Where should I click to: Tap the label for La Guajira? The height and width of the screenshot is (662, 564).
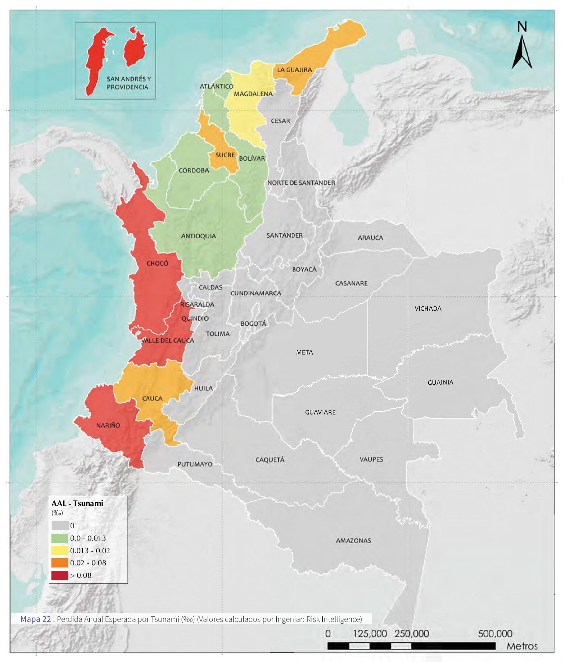click(x=294, y=70)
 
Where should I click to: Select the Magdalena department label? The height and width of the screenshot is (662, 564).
click(x=253, y=94)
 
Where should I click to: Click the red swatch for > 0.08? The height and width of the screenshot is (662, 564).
click(x=60, y=575)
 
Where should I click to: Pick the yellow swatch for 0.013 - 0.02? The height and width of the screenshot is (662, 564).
click(x=60, y=551)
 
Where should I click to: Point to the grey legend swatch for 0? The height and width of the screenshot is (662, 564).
click(x=60, y=526)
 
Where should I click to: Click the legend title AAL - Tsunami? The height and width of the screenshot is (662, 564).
click(x=77, y=503)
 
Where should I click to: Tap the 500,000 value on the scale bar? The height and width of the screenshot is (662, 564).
click(x=495, y=634)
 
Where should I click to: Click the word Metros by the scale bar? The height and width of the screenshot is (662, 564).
click(x=522, y=646)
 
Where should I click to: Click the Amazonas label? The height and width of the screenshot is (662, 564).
click(x=353, y=541)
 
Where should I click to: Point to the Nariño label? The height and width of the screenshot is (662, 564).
click(x=108, y=426)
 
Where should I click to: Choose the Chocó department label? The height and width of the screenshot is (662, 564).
click(x=157, y=263)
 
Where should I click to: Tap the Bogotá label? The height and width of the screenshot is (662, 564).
click(x=253, y=324)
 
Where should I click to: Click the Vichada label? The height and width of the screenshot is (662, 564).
click(x=428, y=309)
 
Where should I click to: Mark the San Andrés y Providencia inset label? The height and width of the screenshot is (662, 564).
click(x=129, y=83)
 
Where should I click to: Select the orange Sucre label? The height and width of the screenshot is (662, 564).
click(x=225, y=155)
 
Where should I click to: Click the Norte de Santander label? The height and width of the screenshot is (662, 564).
click(x=301, y=183)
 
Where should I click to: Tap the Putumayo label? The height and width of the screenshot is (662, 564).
click(x=195, y=464)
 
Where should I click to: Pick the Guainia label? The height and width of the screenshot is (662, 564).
click(x=440, y=382)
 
